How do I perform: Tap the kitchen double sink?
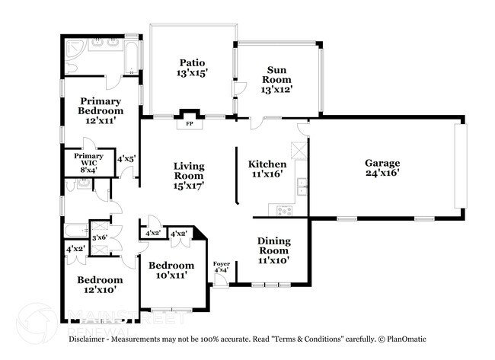pyautogui.click(x=302, y=183)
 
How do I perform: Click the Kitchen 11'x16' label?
pyautogui.click(x=268, y=169)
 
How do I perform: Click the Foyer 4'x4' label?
pyautogui.click(x=221, y=266)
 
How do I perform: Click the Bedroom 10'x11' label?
pyautogui.click(x=171, y=271)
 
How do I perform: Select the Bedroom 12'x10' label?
pyautogui.click(x=99, y=285)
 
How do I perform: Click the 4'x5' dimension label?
pyautogui.click(x=126, y=160)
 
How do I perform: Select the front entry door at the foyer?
pyautogui.click(x=219, y=280)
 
